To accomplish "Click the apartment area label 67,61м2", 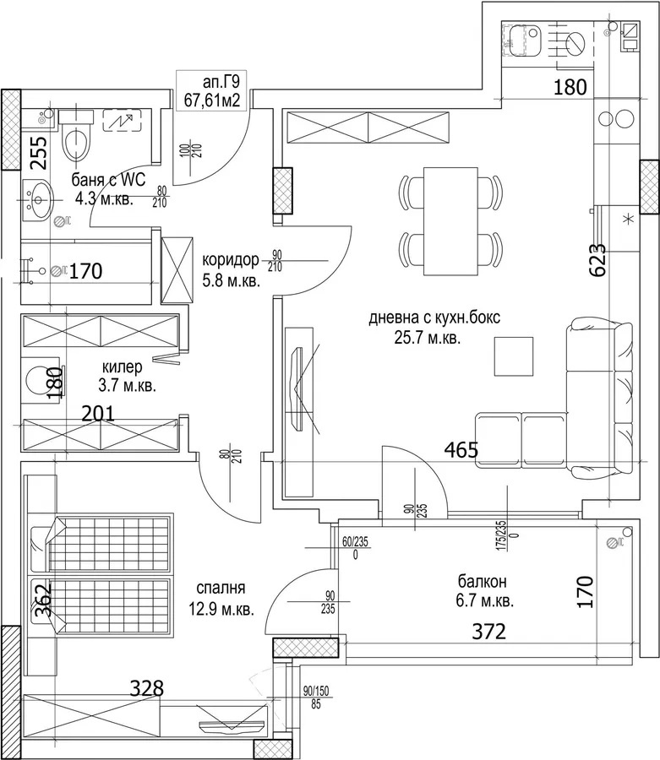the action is (x=212, y=100).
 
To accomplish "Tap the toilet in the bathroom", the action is (x=76, y=137).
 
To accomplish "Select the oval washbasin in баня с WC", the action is (x=39, y=199).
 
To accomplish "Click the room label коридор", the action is (x=231, y=260).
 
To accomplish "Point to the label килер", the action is (x=123, y=366).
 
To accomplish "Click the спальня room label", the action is (x=221, y=588).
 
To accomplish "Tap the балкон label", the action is (x=483, y=580).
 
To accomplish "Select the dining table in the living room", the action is (x=451, y=221).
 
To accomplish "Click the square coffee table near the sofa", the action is (x=514, y=356).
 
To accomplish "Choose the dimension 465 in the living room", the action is (x=461, y=450).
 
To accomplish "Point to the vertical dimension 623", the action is (x=597, y=260).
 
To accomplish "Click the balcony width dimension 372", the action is (x=488, y=632).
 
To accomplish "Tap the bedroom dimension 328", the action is (x=147, y=688).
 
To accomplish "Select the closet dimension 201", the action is (x=98, y=414).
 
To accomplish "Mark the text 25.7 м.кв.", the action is (x=428, y=338).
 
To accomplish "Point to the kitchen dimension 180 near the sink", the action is (x=570, y=87).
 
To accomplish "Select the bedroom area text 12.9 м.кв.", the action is (x=221, y=609).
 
